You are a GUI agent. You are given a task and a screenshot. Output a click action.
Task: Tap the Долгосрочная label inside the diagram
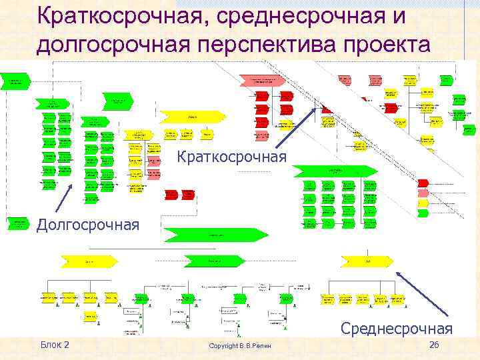[87, 224]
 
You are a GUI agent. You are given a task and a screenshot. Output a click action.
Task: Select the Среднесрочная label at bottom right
[397, 328]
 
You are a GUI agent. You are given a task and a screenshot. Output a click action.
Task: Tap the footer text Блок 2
[55, 344]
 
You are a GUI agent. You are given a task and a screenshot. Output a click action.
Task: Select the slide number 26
[434, 344]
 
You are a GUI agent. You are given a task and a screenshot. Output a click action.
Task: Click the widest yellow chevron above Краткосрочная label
[191, 117]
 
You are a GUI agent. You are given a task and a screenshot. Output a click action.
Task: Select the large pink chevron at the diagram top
[263, 81]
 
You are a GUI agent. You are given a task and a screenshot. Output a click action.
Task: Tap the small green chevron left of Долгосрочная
[18, 221]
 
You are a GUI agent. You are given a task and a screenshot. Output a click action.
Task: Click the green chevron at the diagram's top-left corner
[16, 82]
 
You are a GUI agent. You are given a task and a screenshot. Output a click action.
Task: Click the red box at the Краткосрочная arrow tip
[328, 107]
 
